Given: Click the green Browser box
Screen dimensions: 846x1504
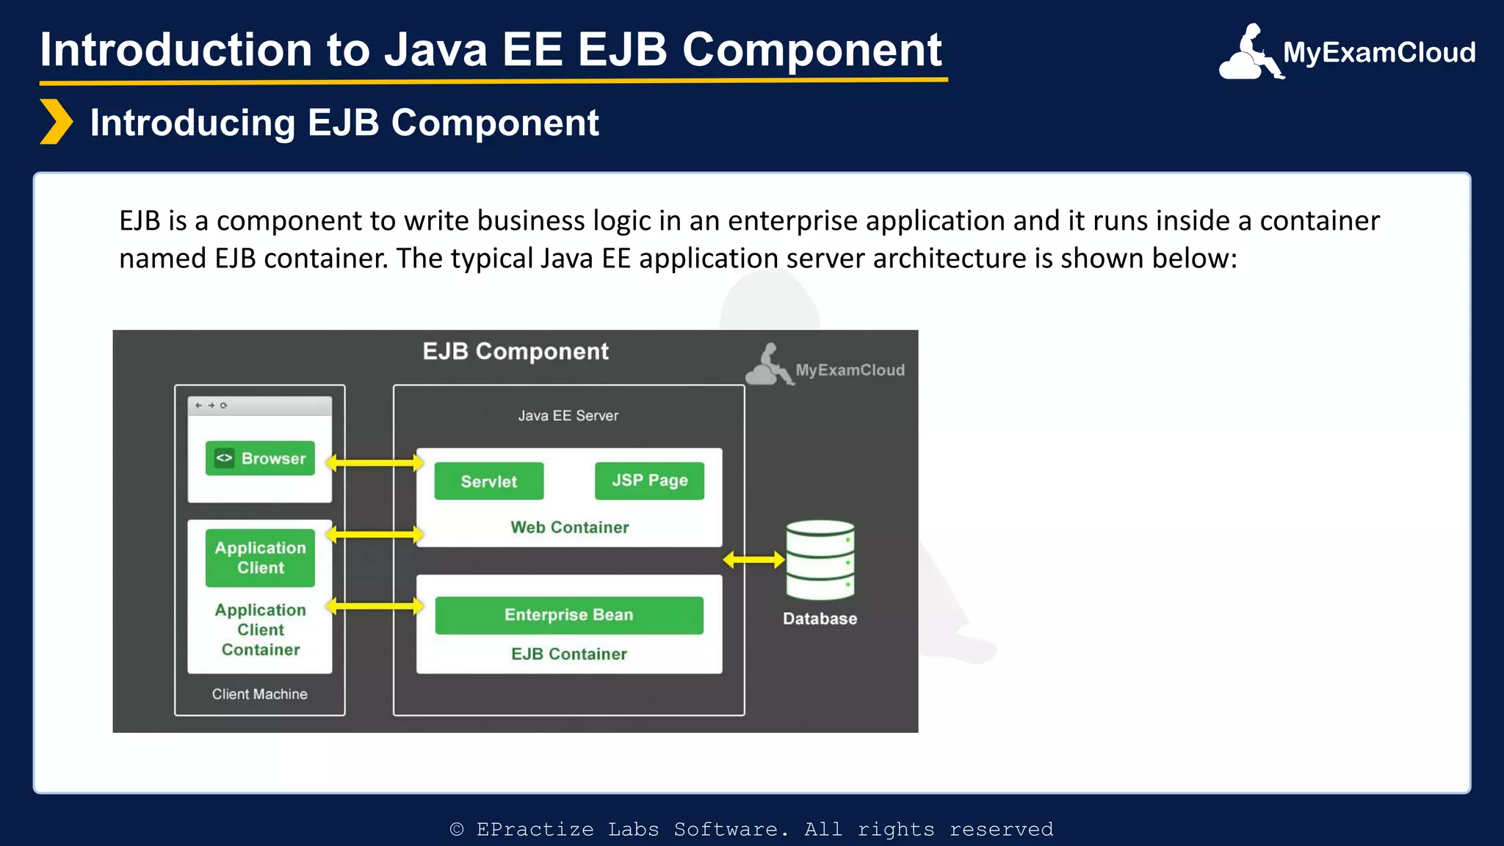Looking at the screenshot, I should click(260, 458).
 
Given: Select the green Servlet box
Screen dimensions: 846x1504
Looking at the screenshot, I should click(489, 481).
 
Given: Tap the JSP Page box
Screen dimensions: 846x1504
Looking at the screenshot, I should click(649, 481).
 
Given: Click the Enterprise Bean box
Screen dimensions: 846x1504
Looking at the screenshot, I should click(569, 615).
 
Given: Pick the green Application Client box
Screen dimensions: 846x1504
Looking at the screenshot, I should click(260, 557).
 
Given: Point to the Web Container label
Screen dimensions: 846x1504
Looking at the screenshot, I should click(570, 527).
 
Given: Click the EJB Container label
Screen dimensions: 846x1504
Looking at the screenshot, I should click(569, 654).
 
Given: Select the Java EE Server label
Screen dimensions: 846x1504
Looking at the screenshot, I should click(568, 416).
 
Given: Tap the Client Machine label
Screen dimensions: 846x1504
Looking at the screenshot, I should click(259, 694).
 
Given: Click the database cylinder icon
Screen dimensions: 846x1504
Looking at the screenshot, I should click(820, 560).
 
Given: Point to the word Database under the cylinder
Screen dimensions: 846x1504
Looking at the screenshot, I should click(820, 618).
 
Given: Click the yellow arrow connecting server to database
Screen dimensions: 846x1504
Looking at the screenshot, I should click(754, 560).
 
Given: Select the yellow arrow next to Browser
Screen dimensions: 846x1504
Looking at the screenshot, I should click(375, 463).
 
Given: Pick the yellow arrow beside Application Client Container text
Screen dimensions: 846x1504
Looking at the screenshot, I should click(375, 606).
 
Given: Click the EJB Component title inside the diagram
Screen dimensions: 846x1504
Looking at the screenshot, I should click(516, 351).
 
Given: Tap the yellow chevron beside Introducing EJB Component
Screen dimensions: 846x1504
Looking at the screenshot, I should click(56, 122).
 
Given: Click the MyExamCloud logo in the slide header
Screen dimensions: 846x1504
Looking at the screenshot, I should click(1347, 52).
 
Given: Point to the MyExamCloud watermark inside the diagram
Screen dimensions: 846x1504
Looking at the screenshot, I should click(826, 366).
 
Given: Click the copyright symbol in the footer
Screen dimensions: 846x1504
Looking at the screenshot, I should click(457, 829).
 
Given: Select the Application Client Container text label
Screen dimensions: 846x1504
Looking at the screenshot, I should click(260, 629).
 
